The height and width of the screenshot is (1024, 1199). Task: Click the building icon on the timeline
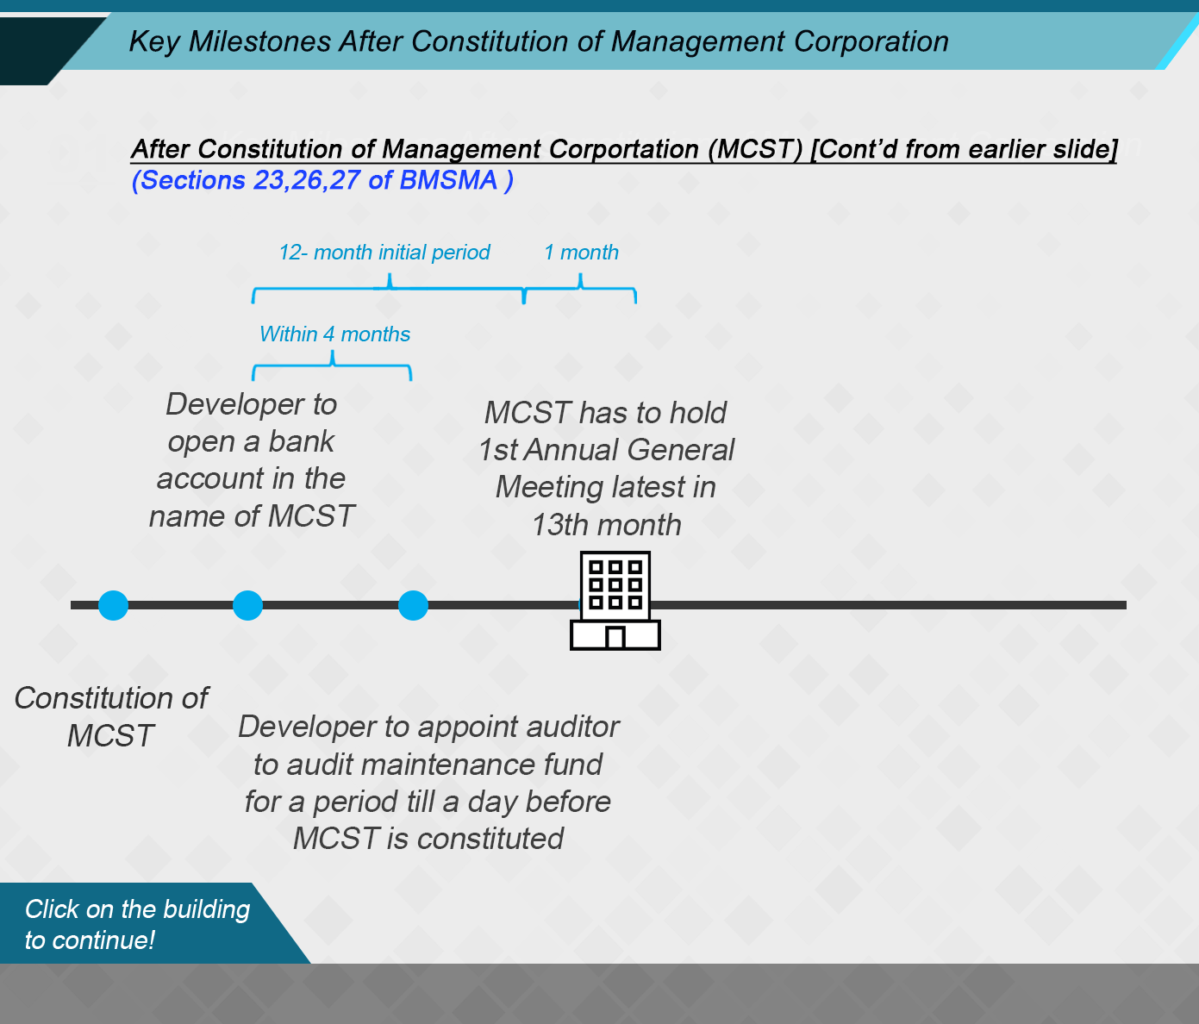615,601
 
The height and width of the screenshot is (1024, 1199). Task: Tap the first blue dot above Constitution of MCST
113,605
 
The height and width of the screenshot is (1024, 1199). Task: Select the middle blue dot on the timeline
247,605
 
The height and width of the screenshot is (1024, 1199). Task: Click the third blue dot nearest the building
413,605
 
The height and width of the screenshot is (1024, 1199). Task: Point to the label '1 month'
581,253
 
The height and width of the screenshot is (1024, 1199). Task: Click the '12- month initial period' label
384,253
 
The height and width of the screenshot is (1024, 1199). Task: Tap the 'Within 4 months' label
334,334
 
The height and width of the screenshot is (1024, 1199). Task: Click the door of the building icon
615,637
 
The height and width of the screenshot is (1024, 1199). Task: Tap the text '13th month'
606,524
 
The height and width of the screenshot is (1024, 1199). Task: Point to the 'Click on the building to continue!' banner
137,924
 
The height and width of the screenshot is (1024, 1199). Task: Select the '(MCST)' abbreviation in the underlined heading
755,149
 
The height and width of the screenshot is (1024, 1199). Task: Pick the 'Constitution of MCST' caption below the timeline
111,716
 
